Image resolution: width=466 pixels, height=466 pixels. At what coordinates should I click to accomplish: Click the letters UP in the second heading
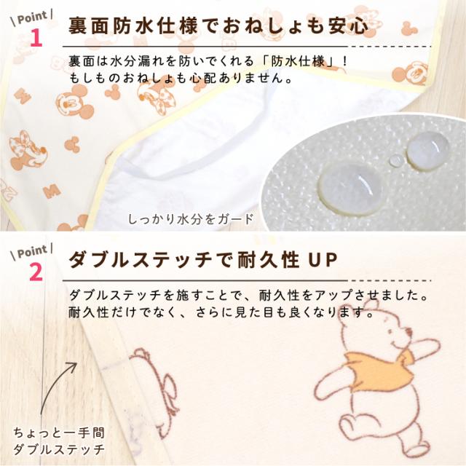(x=320, y=260)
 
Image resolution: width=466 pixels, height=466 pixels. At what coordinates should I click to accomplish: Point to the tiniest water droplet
(x=395, y=160)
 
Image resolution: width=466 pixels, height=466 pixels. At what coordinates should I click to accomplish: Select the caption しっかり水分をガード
(x=190, y=218)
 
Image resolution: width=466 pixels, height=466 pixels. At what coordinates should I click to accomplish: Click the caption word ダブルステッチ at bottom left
(x=59, y=449)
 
